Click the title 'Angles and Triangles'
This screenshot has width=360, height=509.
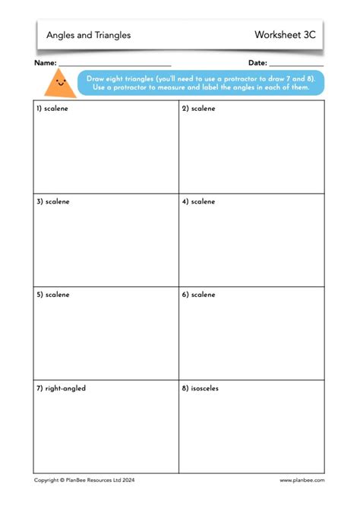point(88,35)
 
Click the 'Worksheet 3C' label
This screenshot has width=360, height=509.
point(285,35)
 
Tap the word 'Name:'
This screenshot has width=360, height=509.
point(45,63)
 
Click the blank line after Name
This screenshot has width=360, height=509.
point(115,65)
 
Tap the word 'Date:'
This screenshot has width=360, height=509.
point(257,63)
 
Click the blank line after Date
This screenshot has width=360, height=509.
point(296,65)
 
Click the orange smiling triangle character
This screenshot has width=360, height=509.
point(61,82)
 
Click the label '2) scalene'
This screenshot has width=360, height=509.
point(198,109)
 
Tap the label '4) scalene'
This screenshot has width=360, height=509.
point(198,202)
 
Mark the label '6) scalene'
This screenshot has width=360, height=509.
point(198,295)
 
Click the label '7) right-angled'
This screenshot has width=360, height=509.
point(61,388)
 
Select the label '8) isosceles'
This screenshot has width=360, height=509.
point(201,388)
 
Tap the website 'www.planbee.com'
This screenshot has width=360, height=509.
point(302,480)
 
